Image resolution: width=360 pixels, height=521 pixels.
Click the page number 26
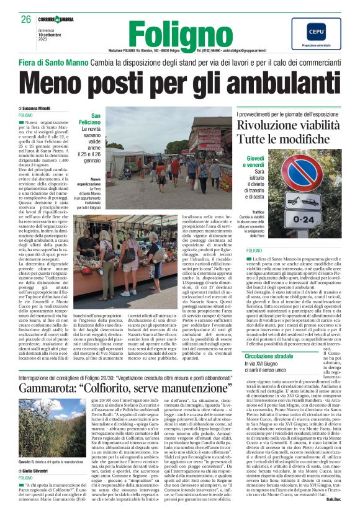click(x=25, y=20)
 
